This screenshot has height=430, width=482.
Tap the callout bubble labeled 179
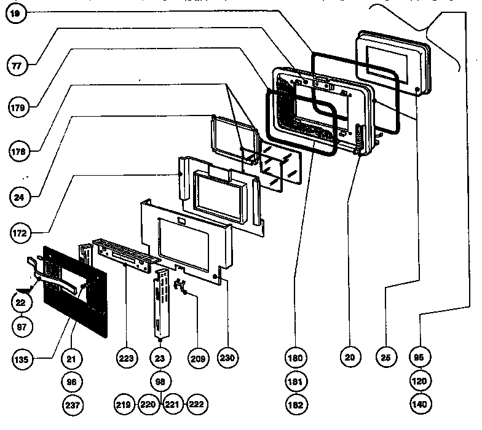(x=18, y=107)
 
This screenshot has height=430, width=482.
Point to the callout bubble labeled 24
(x=18, y=197)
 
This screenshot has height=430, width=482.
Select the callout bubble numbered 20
(x=351, y=357)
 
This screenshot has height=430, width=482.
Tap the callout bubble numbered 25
(x=385, y=357)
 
